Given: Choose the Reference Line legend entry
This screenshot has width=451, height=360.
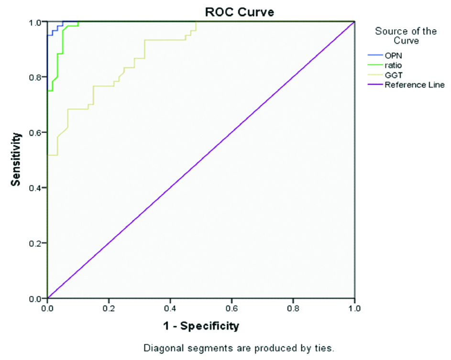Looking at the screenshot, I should (x=414, y=85).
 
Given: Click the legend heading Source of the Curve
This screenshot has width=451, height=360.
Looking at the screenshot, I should (x=406, y=36).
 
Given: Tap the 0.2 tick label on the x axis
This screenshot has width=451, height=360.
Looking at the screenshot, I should (x=109, y=308).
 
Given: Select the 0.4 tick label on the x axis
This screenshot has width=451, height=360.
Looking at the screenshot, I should (x=170, y=308).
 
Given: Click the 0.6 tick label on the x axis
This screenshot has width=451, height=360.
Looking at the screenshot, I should (x=231, y=308).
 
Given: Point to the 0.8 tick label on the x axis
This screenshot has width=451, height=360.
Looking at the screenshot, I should (x=293, y=308).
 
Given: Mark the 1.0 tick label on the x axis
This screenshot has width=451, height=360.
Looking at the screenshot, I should (x=354, y=308).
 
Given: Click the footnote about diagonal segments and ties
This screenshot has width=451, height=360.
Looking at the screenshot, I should (x=239, y=348).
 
